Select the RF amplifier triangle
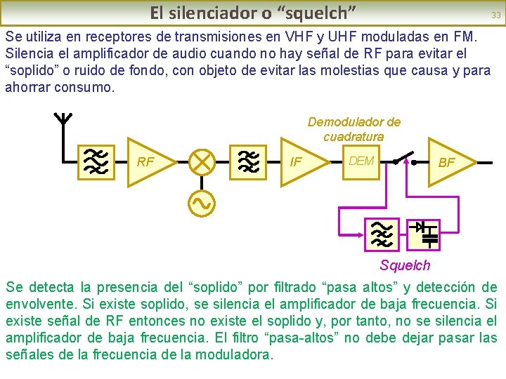[148, 162]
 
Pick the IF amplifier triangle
[301, 162]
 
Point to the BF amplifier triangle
[448, 162]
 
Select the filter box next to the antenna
[93, 162]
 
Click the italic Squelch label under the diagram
[405, 265]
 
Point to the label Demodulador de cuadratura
[354, 129]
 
